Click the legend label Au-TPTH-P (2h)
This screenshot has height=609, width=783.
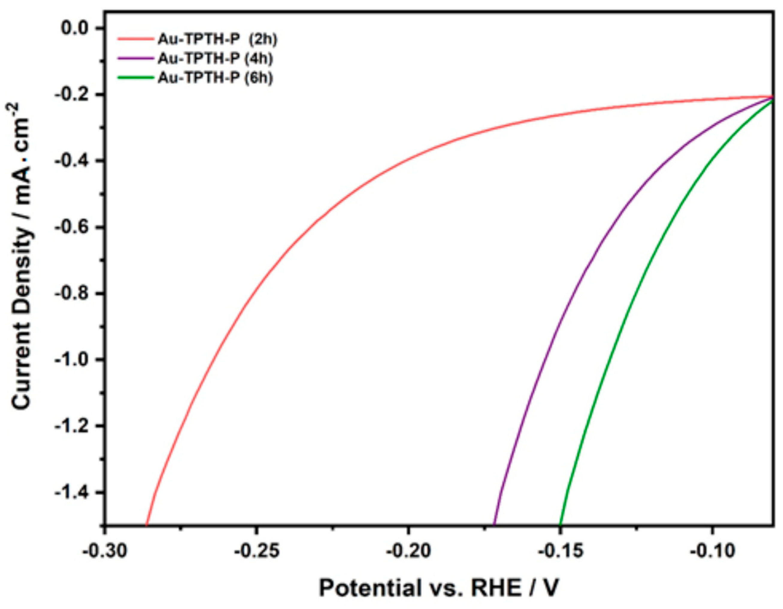coord(217,40)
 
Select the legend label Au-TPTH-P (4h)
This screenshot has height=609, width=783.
coord(215,58)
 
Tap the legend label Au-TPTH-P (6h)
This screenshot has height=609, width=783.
coord(215,78)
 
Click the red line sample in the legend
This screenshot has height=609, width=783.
coord(136,39)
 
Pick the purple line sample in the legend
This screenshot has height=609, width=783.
coord(136,58)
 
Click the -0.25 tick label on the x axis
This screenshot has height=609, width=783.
coord(256,551)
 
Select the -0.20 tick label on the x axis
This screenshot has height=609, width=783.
coord(408,551)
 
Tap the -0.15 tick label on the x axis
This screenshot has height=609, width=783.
coord(560,551)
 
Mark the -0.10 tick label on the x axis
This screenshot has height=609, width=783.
coord(712,551)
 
